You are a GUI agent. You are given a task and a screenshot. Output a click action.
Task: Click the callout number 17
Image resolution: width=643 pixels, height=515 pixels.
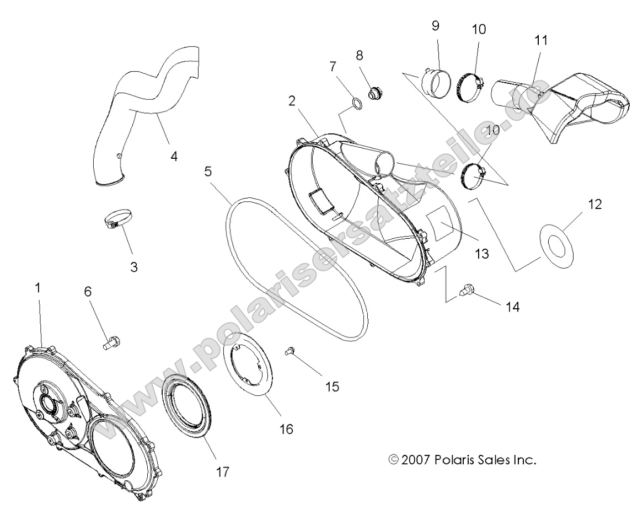[222, 471]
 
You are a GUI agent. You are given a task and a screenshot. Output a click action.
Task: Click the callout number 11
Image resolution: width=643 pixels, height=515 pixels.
[541, 41]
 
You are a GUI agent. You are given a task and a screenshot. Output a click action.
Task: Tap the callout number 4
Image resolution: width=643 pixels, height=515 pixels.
[174, 156]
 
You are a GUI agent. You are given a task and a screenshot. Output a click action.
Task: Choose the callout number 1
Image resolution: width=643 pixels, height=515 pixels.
[37, 288]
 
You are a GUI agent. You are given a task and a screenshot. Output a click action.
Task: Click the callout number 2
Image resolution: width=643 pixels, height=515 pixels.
[307, 101]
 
